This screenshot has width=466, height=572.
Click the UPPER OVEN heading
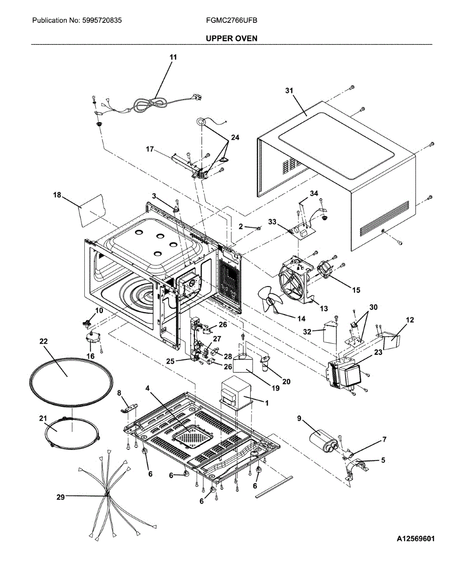[x=232, y=39]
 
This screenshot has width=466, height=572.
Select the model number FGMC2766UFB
[x=232, y=20]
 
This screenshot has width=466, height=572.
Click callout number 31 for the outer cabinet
[x=289, y=91]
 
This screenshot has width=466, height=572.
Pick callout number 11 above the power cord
[x=173, y=57]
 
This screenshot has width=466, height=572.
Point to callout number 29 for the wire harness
[x=61, y=497]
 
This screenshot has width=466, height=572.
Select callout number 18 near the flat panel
[x=57, y=195]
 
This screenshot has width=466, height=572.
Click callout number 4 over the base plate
[x=147, y=388]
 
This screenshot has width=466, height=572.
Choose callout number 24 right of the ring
[x=235, y=137]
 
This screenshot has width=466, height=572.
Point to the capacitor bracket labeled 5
[x=356, y=470]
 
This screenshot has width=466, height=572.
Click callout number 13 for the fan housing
[x=324, y=308]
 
